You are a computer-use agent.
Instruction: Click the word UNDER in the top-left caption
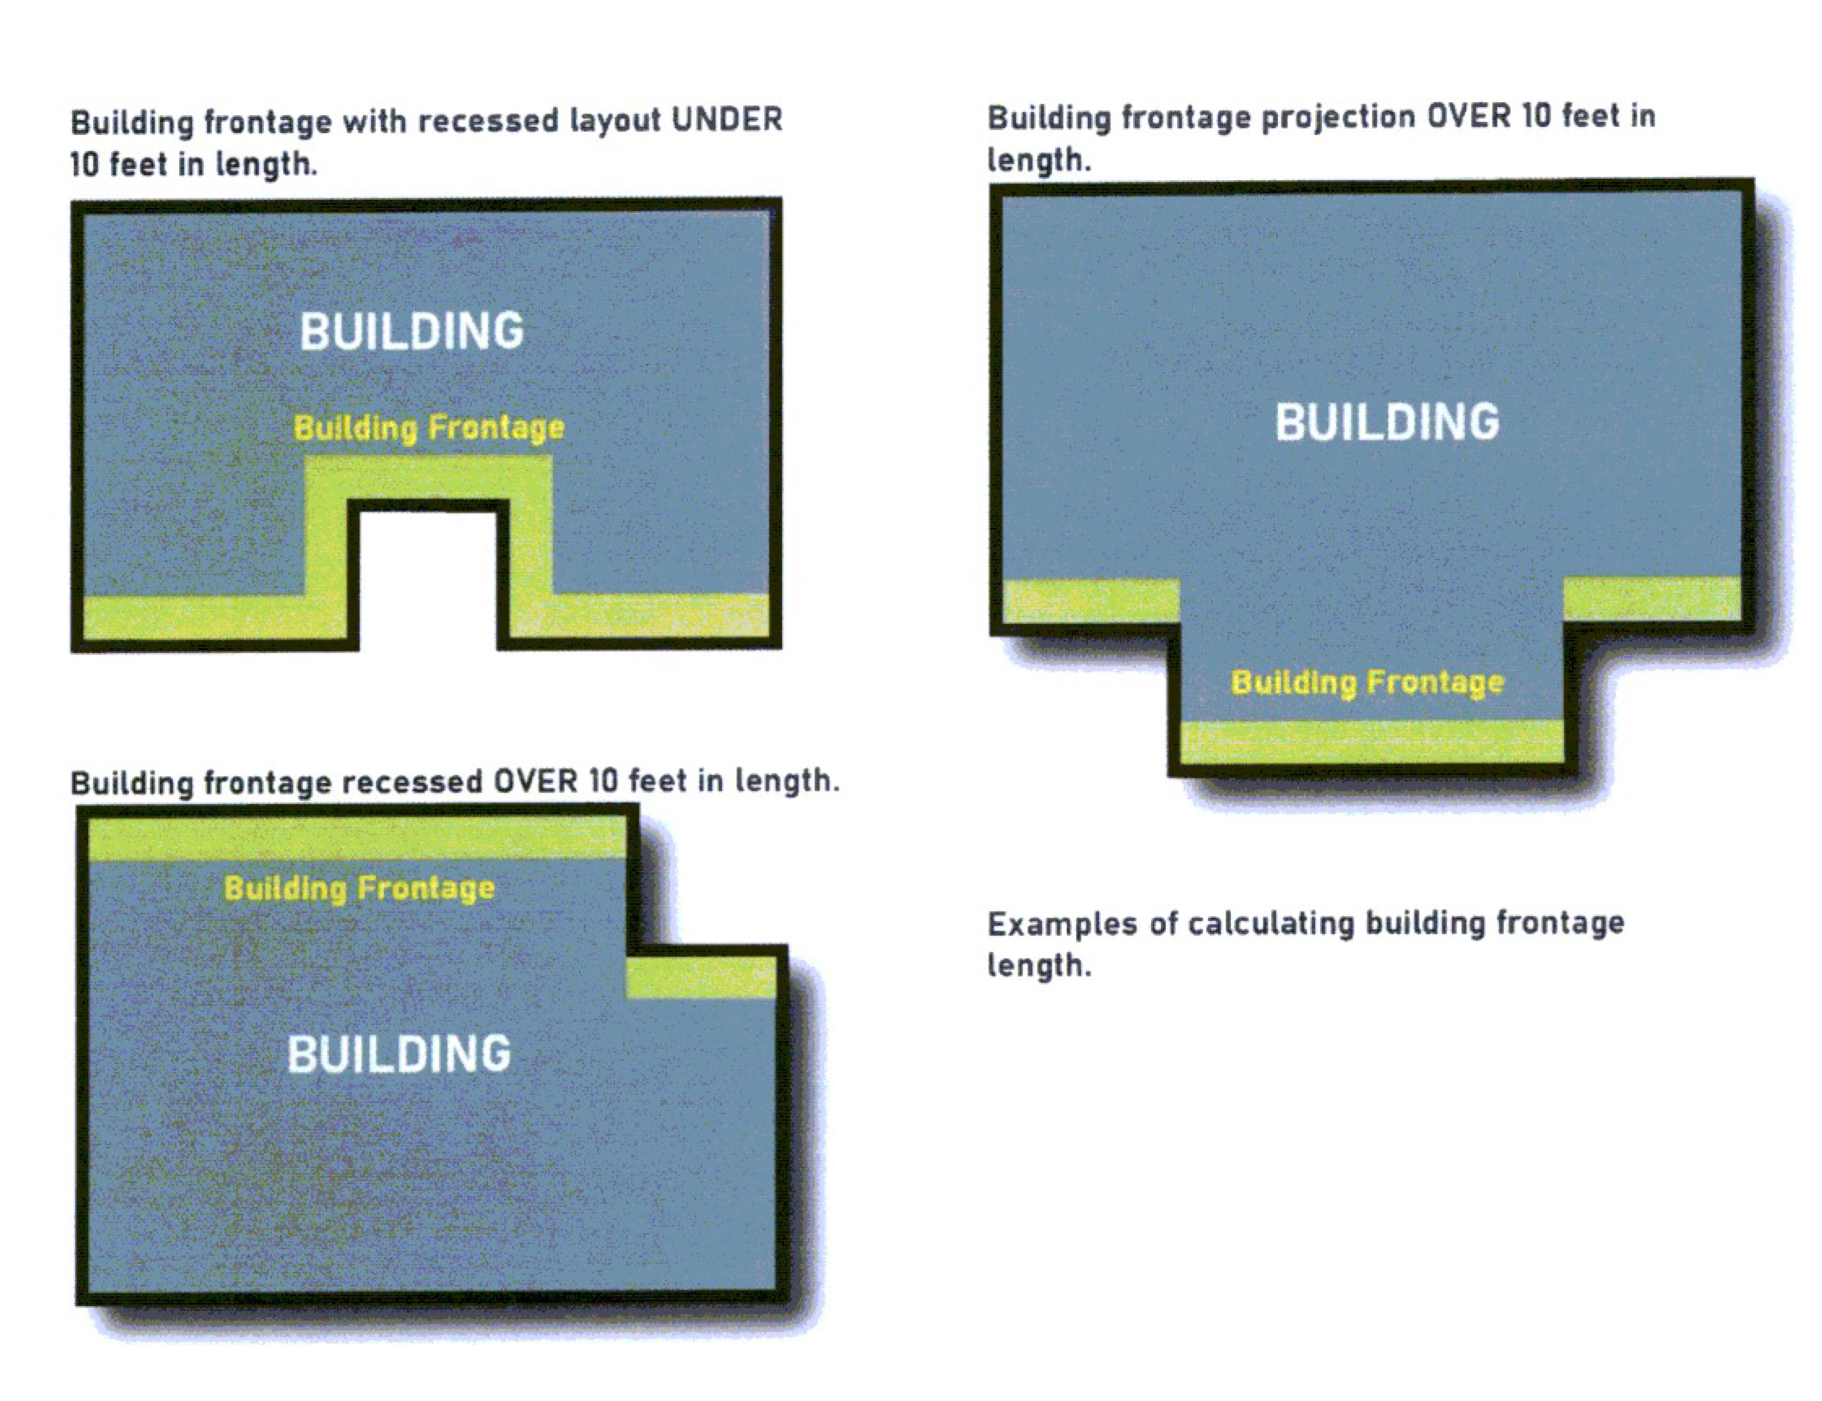(x=726, y=119)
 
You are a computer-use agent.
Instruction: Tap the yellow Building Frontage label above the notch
(x=429, y=428)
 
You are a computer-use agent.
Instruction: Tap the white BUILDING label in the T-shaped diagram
(x=1386, y=422)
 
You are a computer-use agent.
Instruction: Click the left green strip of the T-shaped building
(x=1090, y=600)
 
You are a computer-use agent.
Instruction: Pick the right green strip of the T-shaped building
(x=1651, y=599)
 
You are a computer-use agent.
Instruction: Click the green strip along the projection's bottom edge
(x=1372, y=741)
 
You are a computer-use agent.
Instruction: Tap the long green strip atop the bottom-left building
(x=357, y=838)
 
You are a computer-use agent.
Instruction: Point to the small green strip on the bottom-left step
(x=701, y=977)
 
